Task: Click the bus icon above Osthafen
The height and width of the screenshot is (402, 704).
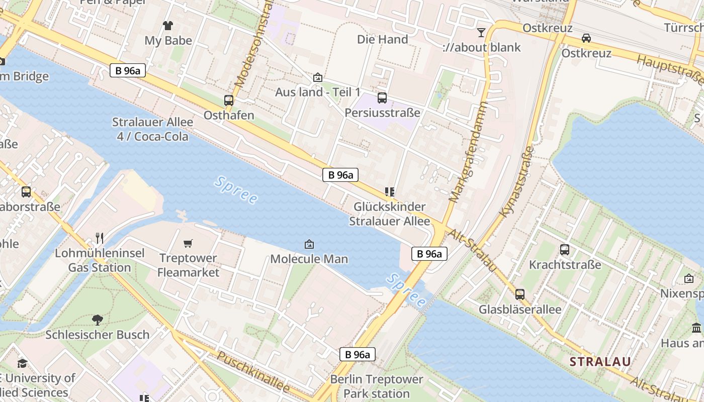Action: point(229,100)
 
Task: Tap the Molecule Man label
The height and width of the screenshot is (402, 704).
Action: point(309,259)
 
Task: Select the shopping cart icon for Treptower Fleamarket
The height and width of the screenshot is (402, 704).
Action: point(188,244)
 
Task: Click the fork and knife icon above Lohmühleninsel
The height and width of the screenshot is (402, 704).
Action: point(100,238)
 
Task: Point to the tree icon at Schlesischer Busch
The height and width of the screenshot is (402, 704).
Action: point(98,320)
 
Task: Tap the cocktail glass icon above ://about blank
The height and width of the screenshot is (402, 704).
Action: point(481,33)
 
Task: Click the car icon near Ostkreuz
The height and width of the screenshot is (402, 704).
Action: point(586,38)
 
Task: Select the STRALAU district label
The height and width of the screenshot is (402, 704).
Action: point(600,361)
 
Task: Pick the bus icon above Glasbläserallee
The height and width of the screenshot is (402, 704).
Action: point(520,294)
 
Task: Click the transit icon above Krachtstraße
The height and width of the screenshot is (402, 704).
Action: point(565,250)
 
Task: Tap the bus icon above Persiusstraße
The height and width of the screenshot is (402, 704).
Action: point(382,98)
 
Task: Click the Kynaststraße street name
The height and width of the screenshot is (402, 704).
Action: point(517,181)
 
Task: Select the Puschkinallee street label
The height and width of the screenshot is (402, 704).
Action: point(254,372)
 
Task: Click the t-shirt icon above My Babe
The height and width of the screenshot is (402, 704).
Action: point(168,25)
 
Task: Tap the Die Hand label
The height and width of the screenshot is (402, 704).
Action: point(382,39)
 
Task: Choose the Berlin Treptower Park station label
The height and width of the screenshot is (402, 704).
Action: point(377,386)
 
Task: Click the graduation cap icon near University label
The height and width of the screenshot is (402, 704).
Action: point(22,363)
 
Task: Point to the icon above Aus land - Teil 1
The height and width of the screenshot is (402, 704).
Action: point(317,77)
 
